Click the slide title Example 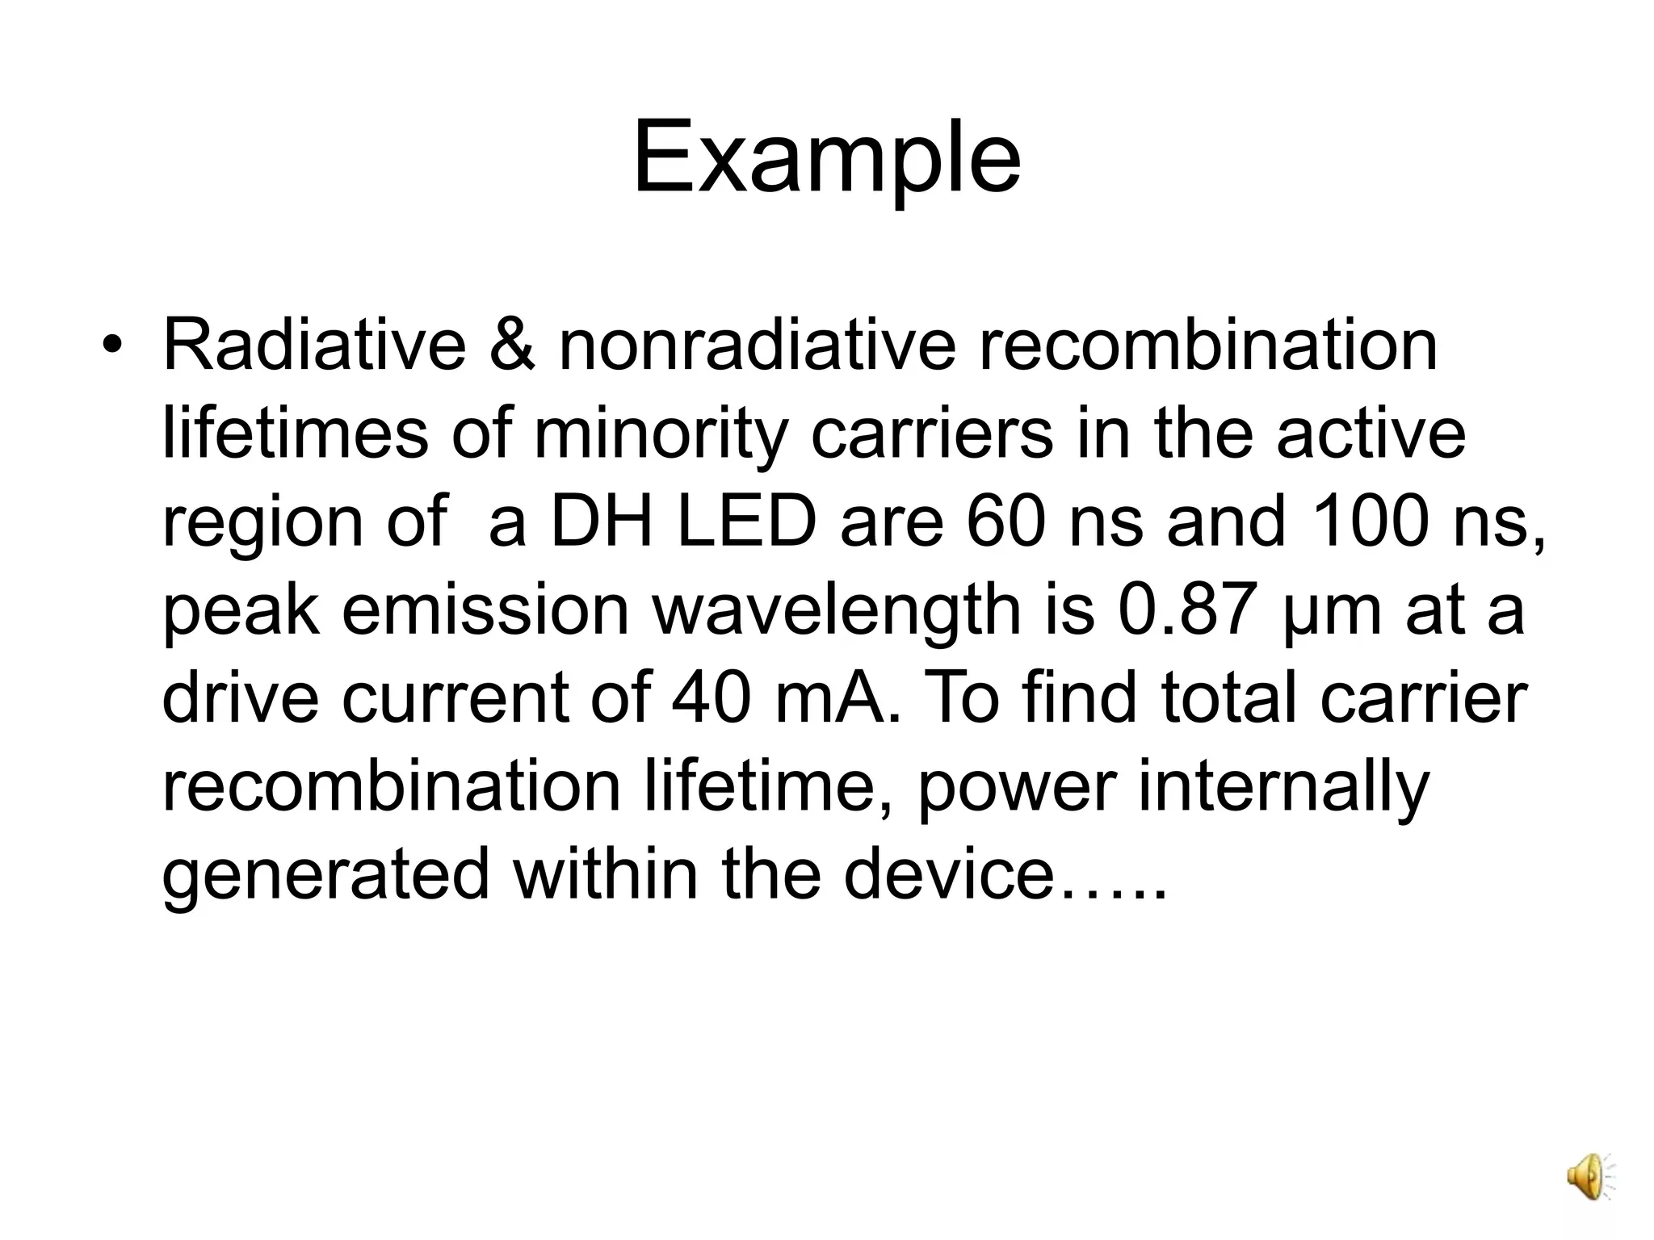tap(826, 157)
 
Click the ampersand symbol tap(512, 346)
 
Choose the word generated tap(325, 875)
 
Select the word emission tap(485, 610)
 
